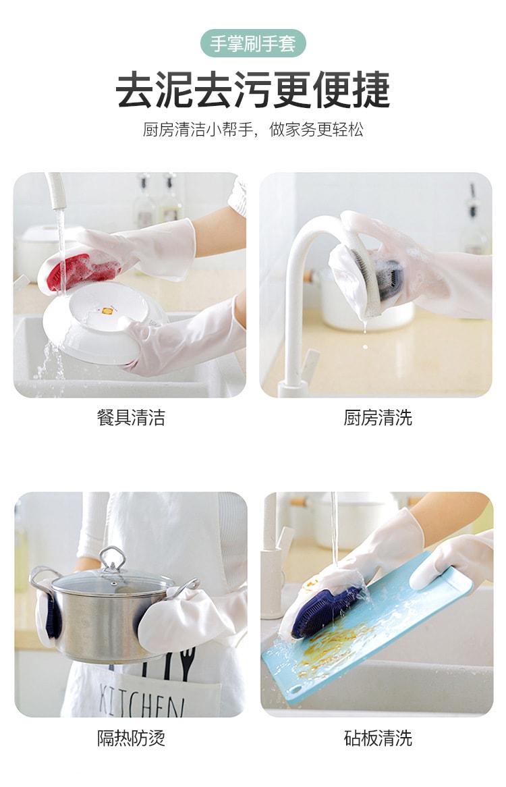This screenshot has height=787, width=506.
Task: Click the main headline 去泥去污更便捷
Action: coord(253,90)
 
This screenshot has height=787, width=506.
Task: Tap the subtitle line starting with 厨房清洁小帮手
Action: coord(253,130)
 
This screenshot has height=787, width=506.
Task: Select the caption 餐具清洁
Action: coord(131,417)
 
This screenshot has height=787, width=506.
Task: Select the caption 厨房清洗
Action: coord(378,417)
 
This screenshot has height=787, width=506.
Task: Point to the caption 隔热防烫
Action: coord(131,738)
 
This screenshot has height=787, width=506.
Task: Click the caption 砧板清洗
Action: coord(378,738)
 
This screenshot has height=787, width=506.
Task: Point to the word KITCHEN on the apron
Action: coord(140,699)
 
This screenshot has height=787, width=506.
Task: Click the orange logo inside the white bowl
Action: coord(107,311)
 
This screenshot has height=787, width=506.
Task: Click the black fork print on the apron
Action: coord(188,663)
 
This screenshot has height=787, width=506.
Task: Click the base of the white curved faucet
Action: coord(293,387)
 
